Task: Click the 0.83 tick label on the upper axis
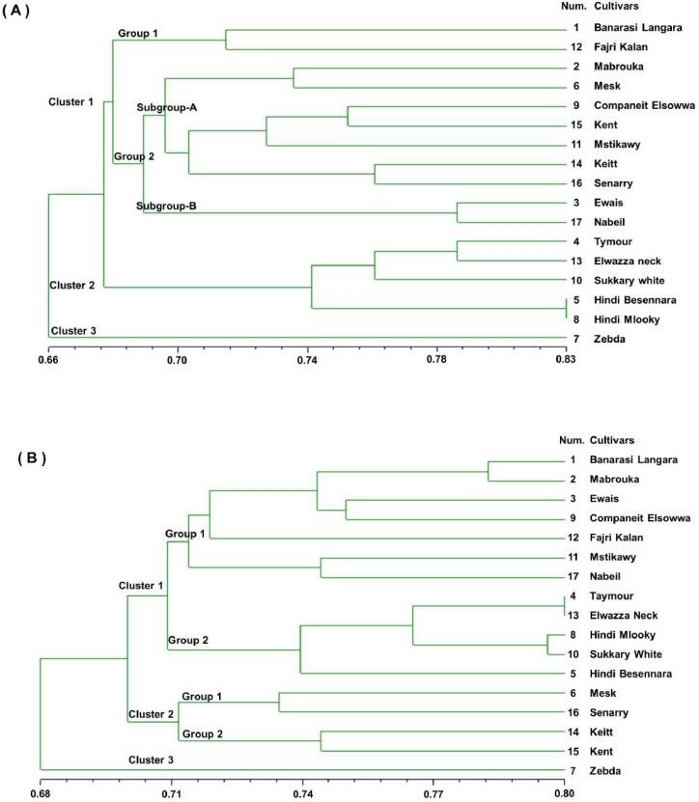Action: pyautogui.click(x=566, y=359)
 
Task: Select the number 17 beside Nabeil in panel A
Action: pyautogui.click(x=575, y=221)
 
